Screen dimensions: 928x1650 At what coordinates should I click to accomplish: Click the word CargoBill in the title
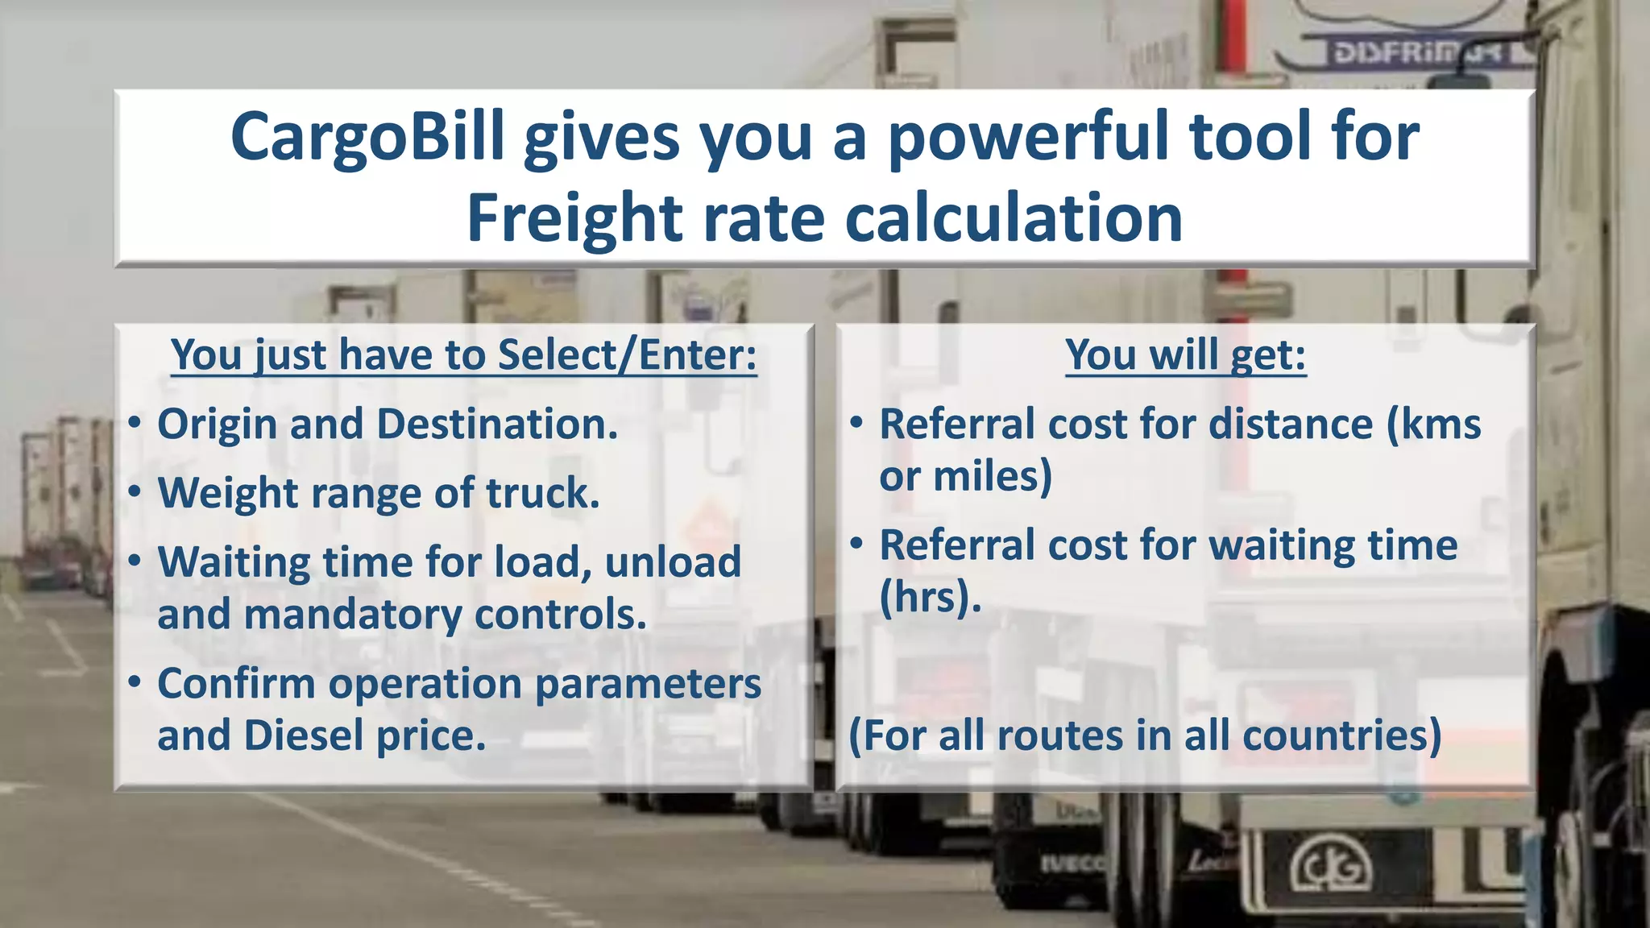367,137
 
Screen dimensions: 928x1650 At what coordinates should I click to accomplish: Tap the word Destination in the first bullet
495,425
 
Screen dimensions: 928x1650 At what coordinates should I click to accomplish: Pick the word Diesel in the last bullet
304,735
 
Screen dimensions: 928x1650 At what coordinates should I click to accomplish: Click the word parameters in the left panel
648,684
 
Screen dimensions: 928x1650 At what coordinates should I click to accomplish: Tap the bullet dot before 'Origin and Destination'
135,423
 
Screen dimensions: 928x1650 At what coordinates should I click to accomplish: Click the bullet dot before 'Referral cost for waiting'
857,544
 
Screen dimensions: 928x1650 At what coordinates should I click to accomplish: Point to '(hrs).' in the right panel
930,598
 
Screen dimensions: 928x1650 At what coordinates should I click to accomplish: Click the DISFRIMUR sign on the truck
1418,54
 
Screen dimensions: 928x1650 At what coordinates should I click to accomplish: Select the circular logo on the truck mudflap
1332,869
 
